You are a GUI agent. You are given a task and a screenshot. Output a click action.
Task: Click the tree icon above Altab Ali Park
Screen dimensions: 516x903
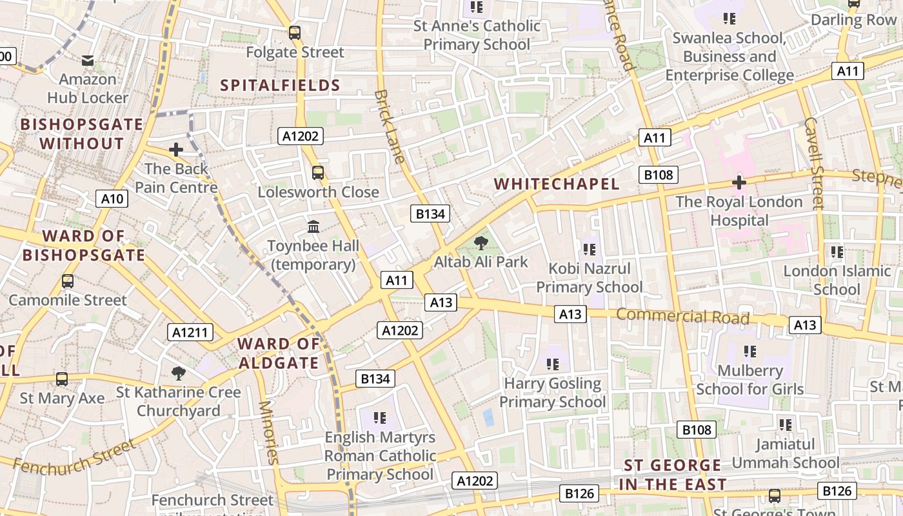[481, 243]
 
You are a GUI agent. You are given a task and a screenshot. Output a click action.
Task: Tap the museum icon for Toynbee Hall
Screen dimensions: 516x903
[314, 227]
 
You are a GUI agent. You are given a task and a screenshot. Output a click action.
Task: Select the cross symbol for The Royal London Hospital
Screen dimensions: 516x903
[739, 183]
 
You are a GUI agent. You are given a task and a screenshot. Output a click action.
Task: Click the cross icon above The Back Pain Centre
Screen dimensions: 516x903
[175, 150]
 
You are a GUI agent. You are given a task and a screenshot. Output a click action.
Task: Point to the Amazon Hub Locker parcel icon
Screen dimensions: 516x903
[88, 61]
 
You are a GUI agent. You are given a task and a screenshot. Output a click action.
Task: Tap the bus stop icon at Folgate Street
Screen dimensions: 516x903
[295, 33]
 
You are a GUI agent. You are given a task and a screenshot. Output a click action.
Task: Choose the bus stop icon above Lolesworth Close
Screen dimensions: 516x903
[318, 173]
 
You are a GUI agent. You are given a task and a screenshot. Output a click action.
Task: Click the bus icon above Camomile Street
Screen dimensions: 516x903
[68, 281]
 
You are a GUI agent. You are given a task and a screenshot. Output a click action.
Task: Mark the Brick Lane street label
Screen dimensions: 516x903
[390, 126]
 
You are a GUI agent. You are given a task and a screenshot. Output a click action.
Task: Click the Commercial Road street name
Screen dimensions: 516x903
[683, 316]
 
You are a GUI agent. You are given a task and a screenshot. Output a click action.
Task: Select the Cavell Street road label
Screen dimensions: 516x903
[814, 163]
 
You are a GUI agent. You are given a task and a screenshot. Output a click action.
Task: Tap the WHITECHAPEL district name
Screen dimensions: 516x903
[557, 184]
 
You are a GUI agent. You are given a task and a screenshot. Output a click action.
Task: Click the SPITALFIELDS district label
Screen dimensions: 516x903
[281, 85]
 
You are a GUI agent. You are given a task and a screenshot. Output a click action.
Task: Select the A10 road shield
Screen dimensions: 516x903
[112, 199]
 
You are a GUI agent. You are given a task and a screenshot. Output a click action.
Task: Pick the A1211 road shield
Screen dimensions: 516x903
[190, 332]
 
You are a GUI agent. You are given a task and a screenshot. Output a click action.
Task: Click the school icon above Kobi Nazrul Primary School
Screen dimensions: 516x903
[589, 250]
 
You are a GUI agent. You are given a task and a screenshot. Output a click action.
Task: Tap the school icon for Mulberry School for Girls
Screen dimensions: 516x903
[749, 352]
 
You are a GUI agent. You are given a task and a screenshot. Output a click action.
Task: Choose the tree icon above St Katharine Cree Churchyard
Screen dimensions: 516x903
[179, 373]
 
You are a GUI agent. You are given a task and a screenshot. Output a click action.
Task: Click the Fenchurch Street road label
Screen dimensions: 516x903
[74, 457]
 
